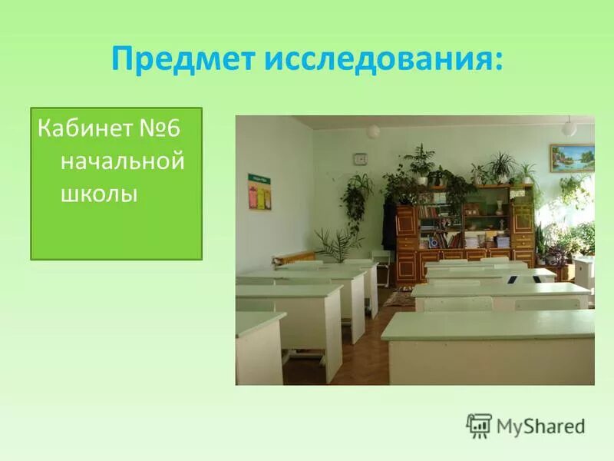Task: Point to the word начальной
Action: [123, 162]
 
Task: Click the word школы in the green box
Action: [99, 194]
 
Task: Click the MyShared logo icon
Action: [479, 425]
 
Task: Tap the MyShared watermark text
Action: [540, 426]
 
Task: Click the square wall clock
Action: [360, 159]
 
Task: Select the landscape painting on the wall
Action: [572, 158]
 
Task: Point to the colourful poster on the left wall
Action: [259, 192]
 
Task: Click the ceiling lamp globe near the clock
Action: [373, 131]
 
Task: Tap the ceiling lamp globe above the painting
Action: [569, 128]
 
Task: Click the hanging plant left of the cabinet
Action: [356, 200]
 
